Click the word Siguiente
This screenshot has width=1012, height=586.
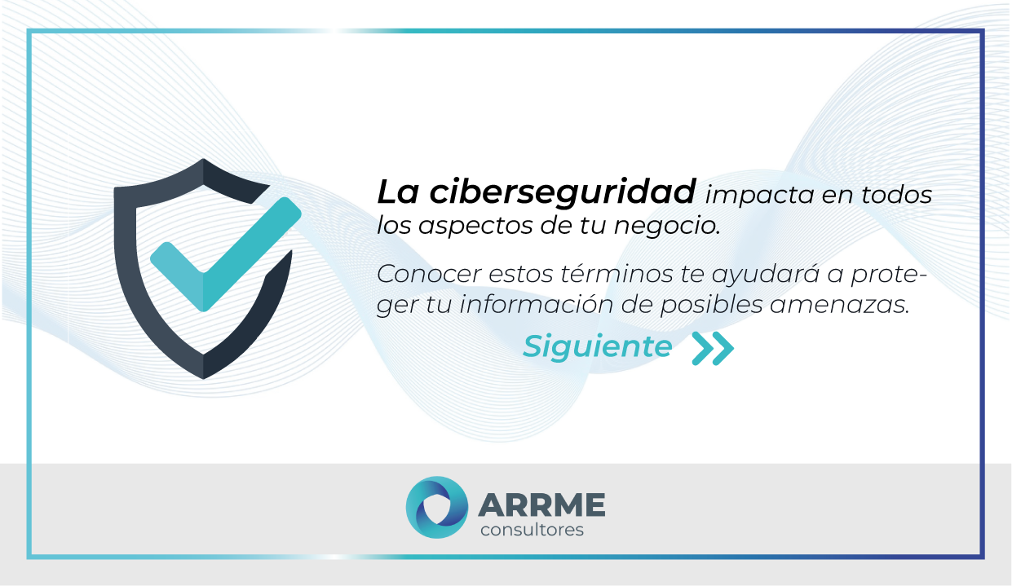click(x=597, y=347)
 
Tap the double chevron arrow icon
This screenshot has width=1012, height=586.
click(x=712, y=348)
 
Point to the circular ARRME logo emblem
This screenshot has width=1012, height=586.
click(x=437, y=508)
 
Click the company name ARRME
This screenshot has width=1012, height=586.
click(x=541, y=504)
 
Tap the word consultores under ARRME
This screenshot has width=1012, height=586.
click(x=532, y=531)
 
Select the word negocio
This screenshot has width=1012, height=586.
click(x=676, y=227)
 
